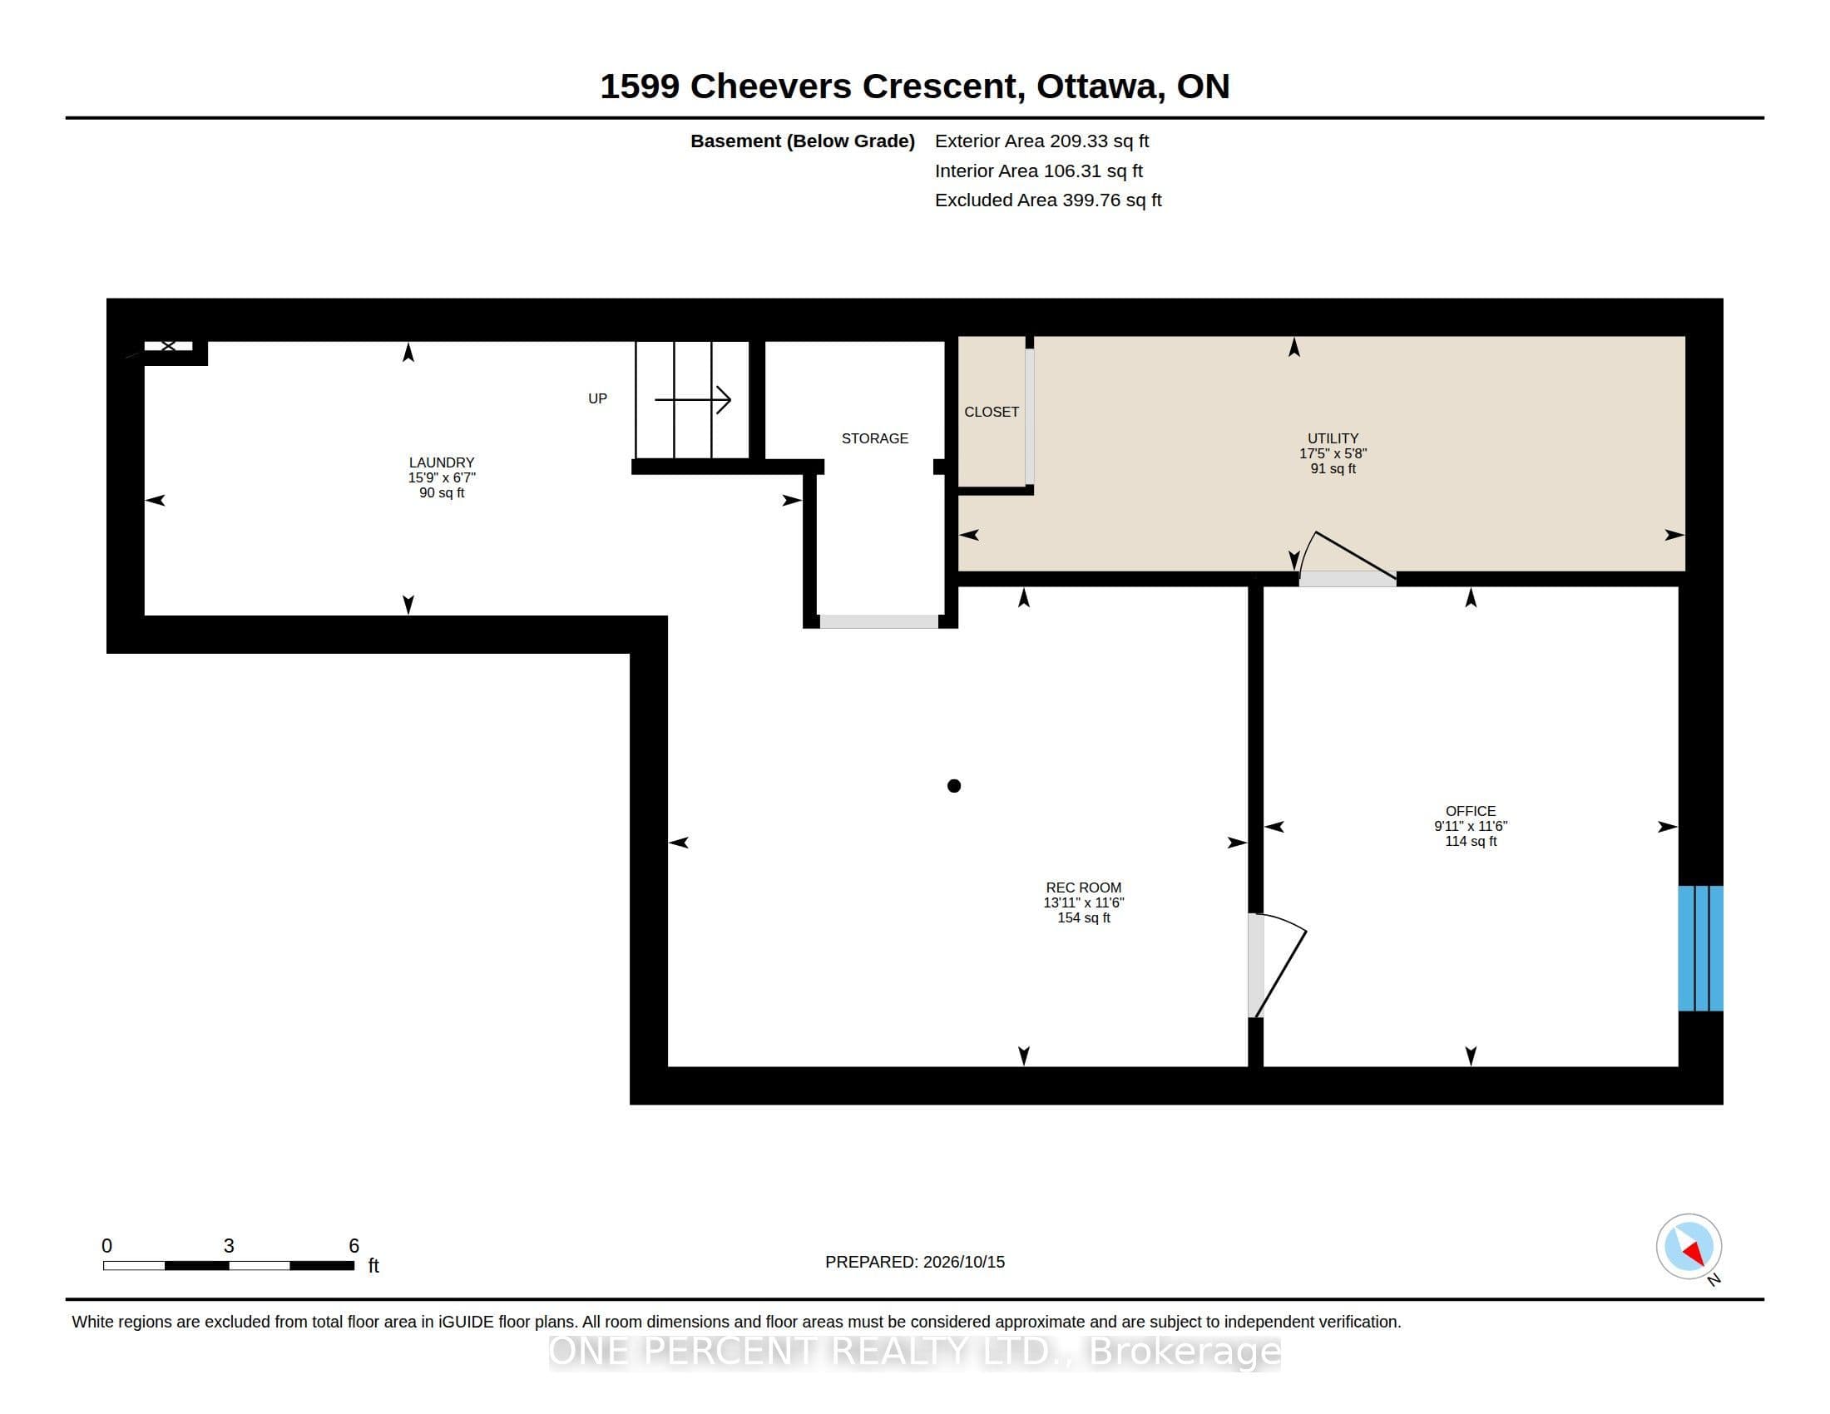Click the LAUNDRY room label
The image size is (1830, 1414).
pyautogui.click(x=442, y=462)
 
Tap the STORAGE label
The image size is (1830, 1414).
pyautogui.click(x=875, y=438)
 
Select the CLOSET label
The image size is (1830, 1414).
pyautogui.click(x=992, y=411)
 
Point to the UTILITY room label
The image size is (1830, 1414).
pyautogui.click(x=1333, y=438)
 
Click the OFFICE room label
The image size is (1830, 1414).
pyautogui.click(x=1471, y=811)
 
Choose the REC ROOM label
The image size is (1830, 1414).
pyautogui.click(x=1083, y=887)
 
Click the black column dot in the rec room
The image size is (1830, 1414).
pyautogui.click(x=953, y=786)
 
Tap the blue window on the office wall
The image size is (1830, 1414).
pyautogui.click(x=1700, y=948)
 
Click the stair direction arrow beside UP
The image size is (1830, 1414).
pyautogui.click(x=692, y=399)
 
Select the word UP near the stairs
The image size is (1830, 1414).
pyautogui.click(x=597, y=398)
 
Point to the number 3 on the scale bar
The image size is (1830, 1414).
pyautogui.click(x=229, y=1246)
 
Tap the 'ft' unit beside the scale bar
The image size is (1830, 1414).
pyautogui.click(x=373, y=1266)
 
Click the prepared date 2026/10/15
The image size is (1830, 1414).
pyautogui.click(x=963, y=1262)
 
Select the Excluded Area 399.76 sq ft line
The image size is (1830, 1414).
pyautogui.click(x=1048, y=200)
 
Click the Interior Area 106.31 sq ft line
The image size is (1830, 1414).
pyautogui.click(x=1039, y=171)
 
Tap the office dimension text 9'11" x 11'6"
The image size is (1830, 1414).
pyautogui.click(x=1471, y=826)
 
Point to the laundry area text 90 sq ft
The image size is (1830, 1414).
pyautogui.click(x=442, y=492)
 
